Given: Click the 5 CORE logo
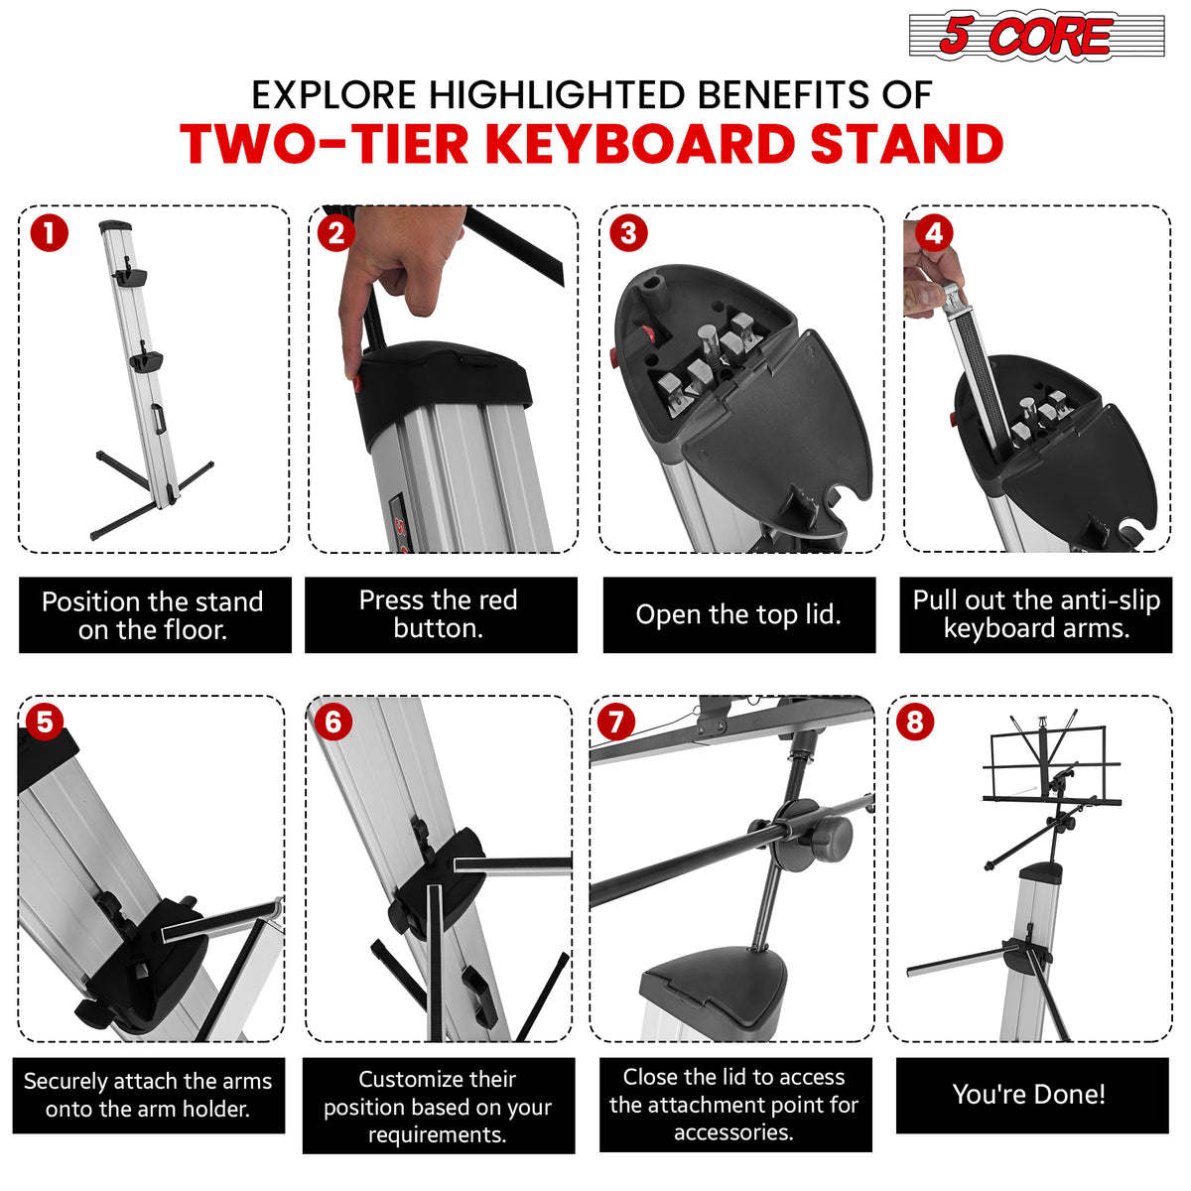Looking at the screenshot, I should click(1036, 37).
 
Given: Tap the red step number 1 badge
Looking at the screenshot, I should click(49, 234).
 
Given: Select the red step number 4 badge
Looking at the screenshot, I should click(933, 233).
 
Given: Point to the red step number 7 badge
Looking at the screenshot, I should click(615, 722).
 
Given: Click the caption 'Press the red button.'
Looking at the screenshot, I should click(440, 614).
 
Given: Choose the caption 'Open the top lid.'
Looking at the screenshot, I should click(738, 615).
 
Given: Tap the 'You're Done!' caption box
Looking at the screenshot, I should click(1030, 1095).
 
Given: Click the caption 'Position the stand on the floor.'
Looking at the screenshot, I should click(154, 615).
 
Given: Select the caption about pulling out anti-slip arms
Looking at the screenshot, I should click(1036, 614).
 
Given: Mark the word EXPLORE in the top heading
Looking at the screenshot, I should click(333, 95).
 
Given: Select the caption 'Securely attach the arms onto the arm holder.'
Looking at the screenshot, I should click(148, 1095).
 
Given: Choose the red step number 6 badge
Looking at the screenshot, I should click(332, 722).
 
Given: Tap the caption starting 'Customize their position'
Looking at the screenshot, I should click(438, 1107).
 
